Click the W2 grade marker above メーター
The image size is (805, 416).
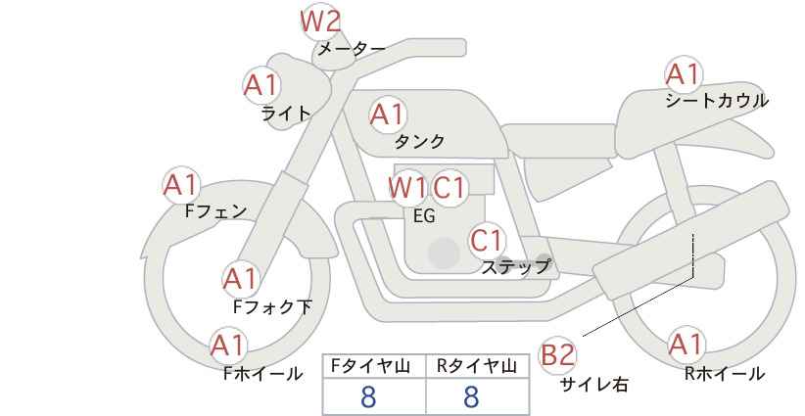pos(319,21)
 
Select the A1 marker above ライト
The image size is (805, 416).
pos(261,85)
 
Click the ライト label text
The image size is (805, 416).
pos(286,114)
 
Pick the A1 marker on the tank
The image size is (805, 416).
pos(387,115)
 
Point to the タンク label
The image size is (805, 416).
pos(419,142)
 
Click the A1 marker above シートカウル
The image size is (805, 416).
pos(683,73)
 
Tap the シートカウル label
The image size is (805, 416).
pos(717,101)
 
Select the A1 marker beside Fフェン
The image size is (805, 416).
pos(181,184)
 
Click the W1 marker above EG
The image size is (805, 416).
pos(407,187)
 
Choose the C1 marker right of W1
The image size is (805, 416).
pos(450,187)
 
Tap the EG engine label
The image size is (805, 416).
pos(425,216)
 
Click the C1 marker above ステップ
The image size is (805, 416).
pos(486,240)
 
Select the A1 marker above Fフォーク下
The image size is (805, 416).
pos(240,279)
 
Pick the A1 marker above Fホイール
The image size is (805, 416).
pos(228,345)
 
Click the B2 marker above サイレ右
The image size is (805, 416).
pos(558,354)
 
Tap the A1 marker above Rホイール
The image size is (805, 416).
pos(685,345)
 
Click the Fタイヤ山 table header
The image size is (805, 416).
pos(373,366)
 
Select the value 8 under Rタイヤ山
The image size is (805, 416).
pos(471,396)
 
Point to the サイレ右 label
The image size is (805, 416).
pos(593,385)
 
